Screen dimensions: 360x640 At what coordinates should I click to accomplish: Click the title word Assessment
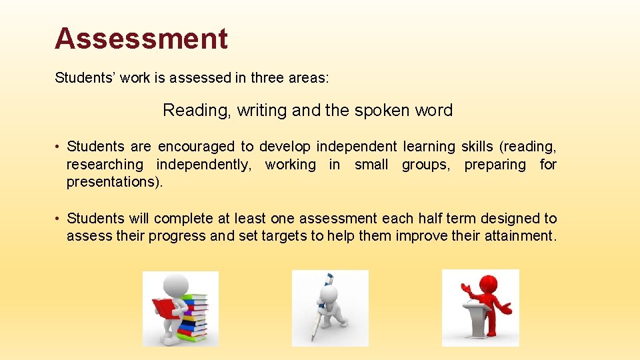pos(141,39)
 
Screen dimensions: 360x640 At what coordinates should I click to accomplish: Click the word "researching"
pos(105,164)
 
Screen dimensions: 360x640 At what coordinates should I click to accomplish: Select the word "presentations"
pos(112,182)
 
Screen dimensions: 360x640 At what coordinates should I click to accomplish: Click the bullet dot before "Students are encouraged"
pos(59,147)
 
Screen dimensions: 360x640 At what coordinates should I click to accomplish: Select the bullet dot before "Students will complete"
pos(59,219)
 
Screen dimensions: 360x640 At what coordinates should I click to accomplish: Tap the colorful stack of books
pos(195,317)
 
